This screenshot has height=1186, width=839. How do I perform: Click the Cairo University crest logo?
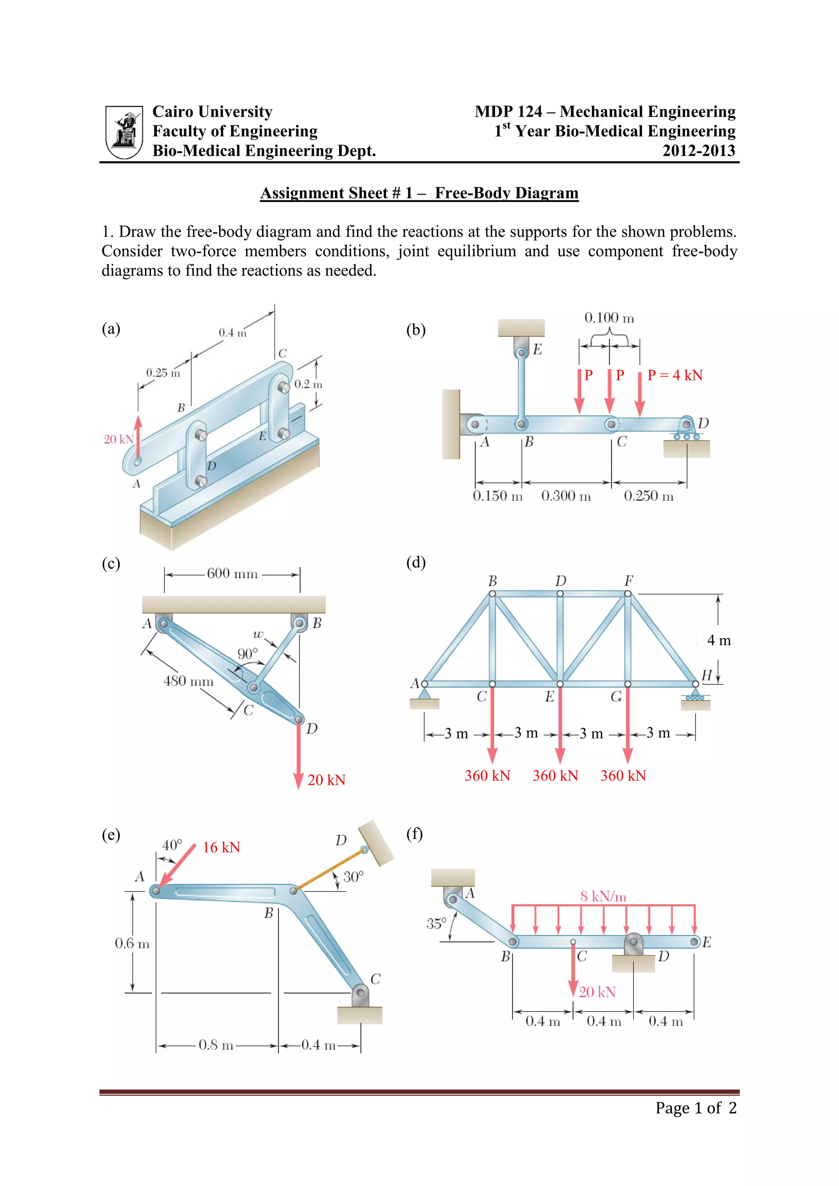click(124, 132)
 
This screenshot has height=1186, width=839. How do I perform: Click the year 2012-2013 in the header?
click(698, 151)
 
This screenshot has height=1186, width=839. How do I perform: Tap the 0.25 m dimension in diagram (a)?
click(163, 372)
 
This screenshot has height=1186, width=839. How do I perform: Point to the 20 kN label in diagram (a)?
click(118, 439)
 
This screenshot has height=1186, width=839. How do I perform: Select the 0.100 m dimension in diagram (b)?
click(609, 318)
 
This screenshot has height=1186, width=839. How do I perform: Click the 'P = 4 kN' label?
click(675, 375)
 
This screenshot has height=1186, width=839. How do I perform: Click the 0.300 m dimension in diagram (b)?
click(566, 496)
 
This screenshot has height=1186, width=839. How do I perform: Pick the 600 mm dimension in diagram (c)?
click(232, 573)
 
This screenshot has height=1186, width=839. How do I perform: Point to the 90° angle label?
click(247, 654)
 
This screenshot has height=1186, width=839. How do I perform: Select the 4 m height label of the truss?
click(719, 641)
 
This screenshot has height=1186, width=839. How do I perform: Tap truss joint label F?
click(628, 581)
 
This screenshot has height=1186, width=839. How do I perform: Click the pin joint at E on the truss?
click(560, 684)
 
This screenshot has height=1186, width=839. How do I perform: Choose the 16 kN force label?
click(221, 847)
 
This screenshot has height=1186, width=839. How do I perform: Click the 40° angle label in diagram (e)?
click(172, 845)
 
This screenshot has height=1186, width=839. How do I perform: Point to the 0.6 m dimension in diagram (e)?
click(132, 943)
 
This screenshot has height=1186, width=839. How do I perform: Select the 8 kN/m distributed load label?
click(603, 896)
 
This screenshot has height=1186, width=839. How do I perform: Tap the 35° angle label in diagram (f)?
click(436, 923)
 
